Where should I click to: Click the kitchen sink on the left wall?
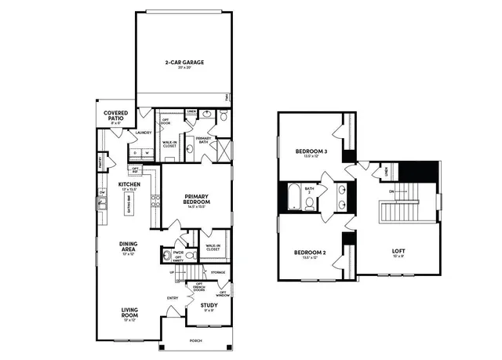[100, 205]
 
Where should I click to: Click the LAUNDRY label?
[143, 133]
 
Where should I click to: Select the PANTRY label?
[100, 161]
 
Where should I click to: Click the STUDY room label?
[209, 305]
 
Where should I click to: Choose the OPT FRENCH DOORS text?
[200, 287]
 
